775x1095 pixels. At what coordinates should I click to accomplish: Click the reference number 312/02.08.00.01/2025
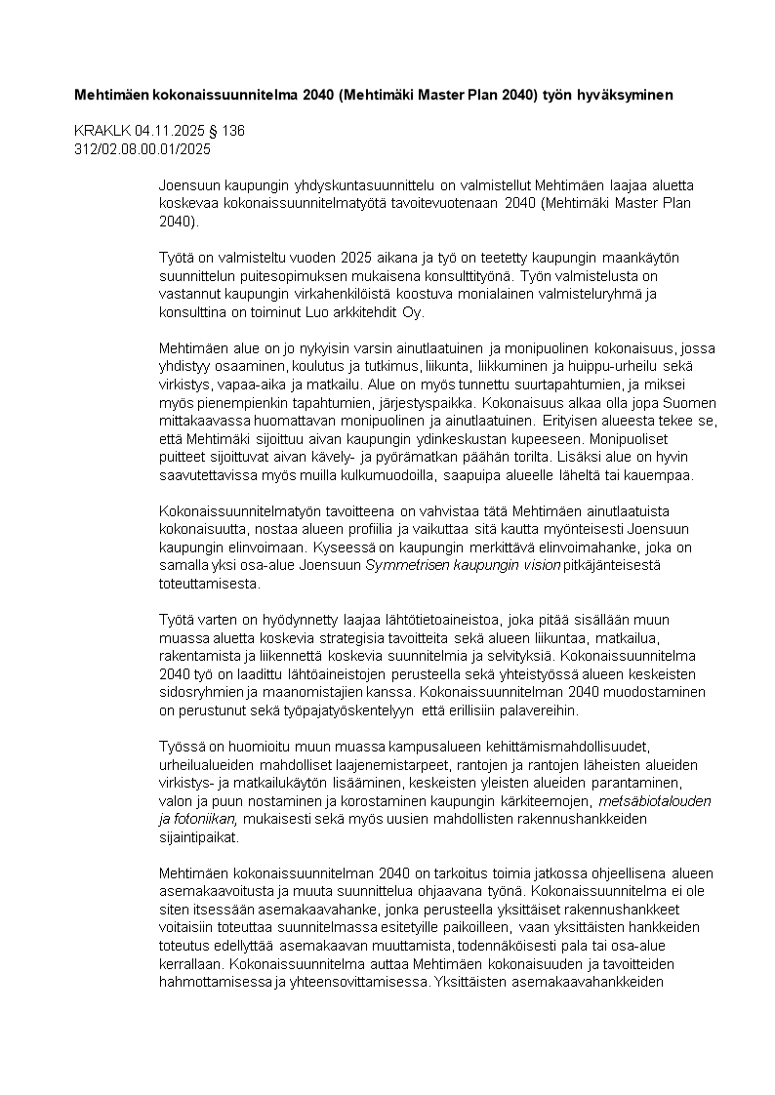143,148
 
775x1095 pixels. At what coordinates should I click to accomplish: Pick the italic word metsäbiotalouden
657,801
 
